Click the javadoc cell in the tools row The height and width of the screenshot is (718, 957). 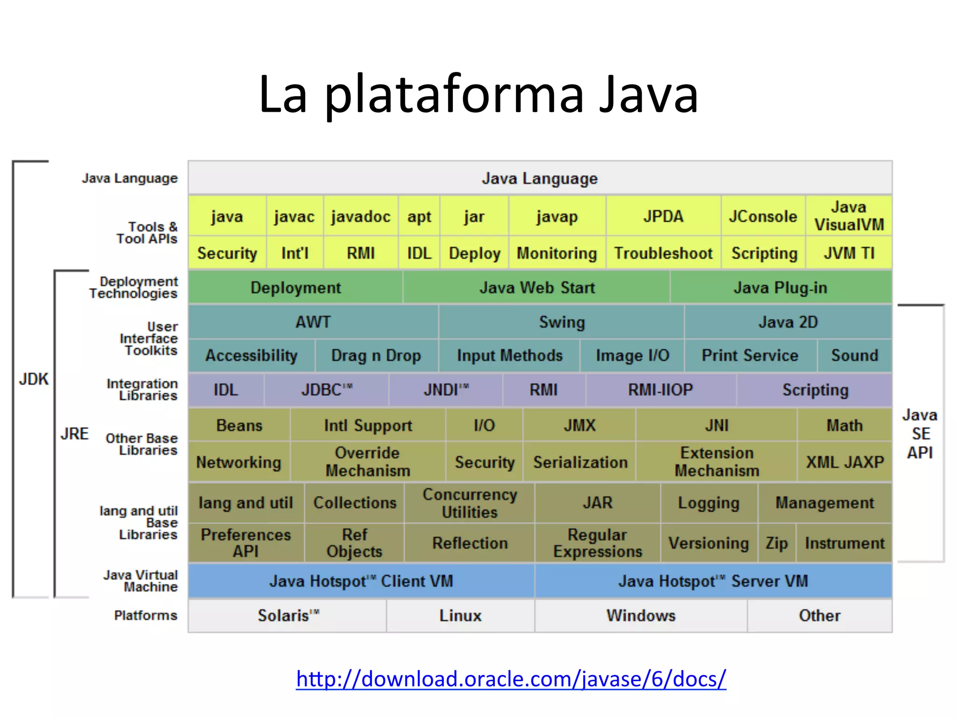360,216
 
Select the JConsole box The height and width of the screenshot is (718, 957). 763,216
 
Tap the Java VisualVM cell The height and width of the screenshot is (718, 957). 849,216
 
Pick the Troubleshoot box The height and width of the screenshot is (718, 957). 663,253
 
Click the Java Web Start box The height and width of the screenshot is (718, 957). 536,287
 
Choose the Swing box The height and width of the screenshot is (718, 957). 561,322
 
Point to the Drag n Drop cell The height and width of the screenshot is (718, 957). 376,356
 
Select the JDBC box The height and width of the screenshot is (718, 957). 326,390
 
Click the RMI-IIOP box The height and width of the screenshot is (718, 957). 660,390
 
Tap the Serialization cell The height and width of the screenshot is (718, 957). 580,462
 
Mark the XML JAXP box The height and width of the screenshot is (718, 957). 844,462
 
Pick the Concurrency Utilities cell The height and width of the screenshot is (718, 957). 470,503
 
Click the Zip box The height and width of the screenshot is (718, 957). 776,543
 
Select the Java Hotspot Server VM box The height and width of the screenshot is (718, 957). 713,581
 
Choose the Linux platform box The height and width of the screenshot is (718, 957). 460,616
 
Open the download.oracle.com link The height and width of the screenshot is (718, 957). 511,679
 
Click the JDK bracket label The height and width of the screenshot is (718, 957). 34,379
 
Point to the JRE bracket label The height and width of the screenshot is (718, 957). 74,434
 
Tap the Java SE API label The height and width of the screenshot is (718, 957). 920,434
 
